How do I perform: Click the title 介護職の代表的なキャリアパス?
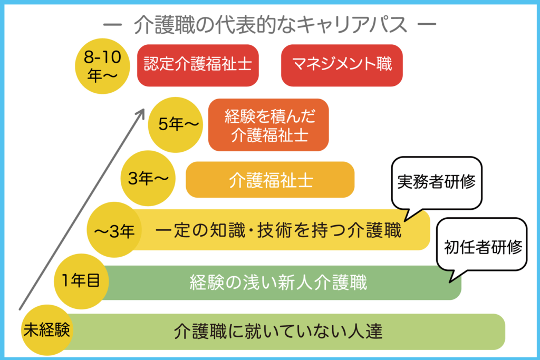(x=270, y=25)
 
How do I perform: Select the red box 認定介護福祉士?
(x=198, y=65)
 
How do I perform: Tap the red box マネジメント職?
(x=342, y=65)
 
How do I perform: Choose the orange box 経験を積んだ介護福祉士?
(x=268, y=125)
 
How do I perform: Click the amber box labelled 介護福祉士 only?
(x=270, y=179)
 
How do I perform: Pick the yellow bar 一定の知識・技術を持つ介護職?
(x=279, y=230)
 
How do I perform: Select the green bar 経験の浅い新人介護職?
(x=278, y=283)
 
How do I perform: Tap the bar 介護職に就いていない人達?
(x=278, y=332)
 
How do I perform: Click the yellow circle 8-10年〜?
(x=101, y=65)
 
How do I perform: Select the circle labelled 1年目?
(x=81, y=281)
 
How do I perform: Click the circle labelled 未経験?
(x=46, y=330)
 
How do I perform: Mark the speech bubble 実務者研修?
(x=436, y=182)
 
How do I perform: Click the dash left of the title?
(x=113, y=25)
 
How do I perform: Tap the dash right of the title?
(x=426, y=25)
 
